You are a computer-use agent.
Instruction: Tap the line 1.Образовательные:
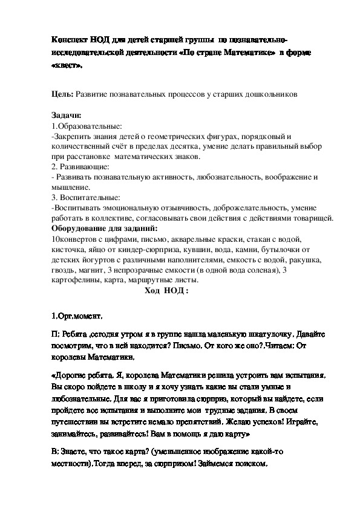[x=87, y=126]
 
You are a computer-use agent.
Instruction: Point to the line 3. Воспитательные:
[x=86, y=197]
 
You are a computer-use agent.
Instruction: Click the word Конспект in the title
[x=71, y=39]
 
